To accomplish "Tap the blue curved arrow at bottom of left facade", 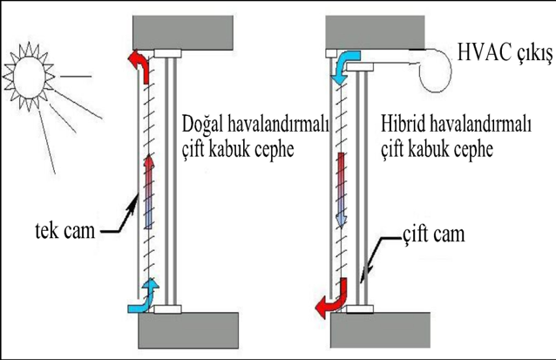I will point(143,296).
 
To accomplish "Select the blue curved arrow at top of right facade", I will point(349,63).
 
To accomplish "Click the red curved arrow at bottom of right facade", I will point(331,301).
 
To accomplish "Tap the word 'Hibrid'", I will point(403,127).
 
